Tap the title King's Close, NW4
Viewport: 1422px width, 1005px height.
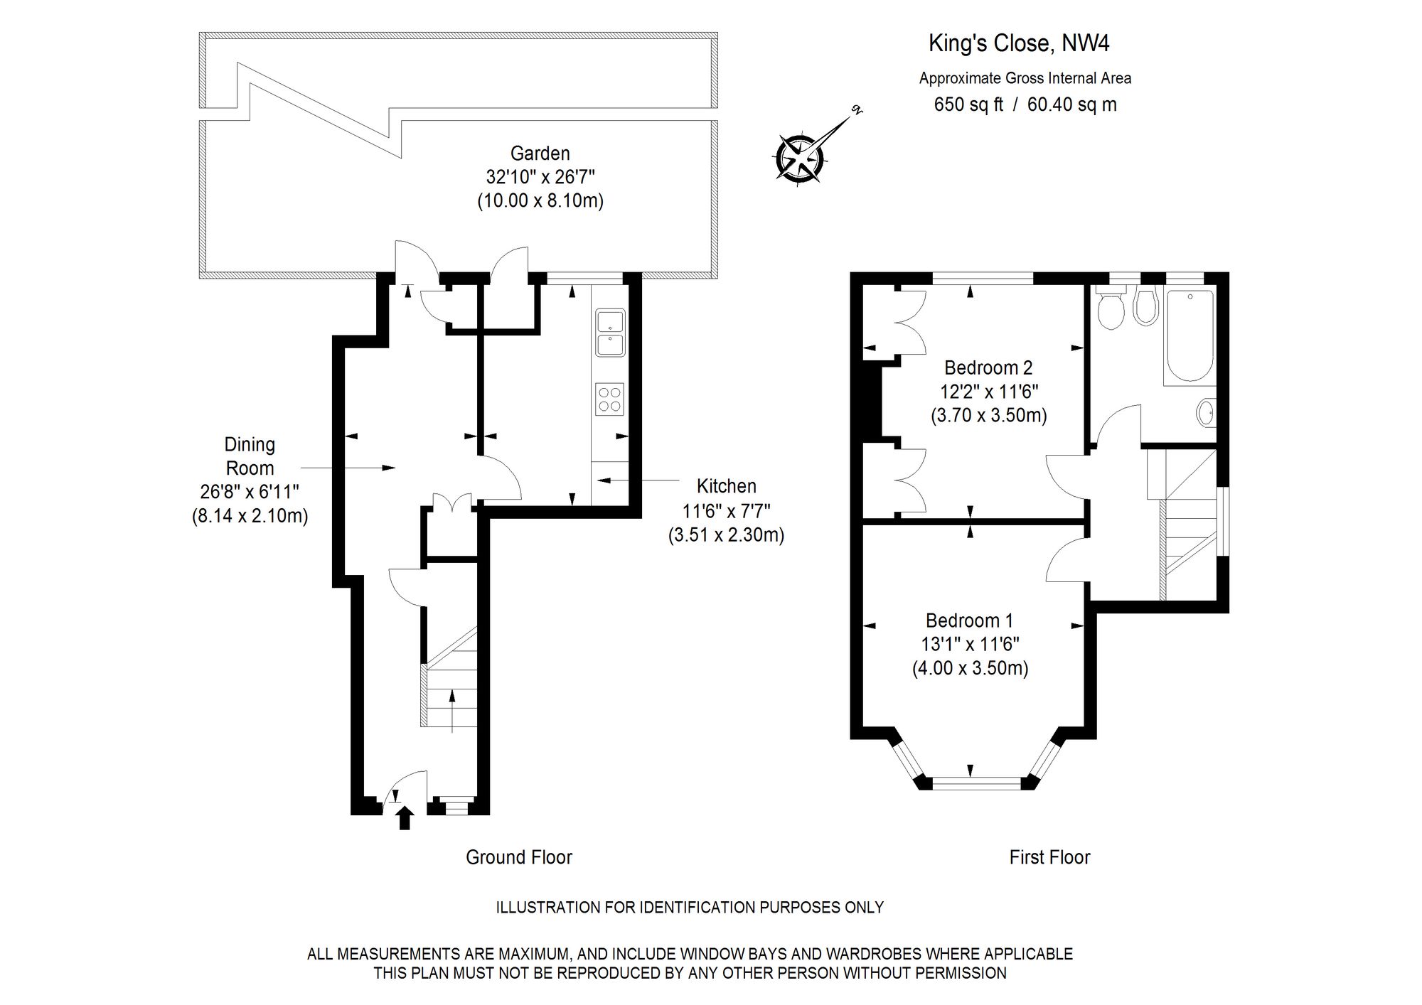click(x=1018, y=43)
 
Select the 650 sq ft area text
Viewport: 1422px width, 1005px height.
click(x=968, y=104)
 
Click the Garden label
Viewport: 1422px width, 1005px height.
click(x=540, y=153)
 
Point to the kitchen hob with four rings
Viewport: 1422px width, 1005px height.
click(x=609, y=399)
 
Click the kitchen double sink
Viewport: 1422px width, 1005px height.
click(x=610, y=333)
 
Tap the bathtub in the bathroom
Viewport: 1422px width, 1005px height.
click(x=1189, y=334)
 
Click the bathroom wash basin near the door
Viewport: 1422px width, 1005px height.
click(x=1205, y=413)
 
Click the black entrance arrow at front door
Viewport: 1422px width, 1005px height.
click(x=405, y=817)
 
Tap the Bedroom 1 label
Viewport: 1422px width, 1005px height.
click(x=969, y=620)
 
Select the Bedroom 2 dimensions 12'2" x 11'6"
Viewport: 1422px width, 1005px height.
click(x=989, y=392)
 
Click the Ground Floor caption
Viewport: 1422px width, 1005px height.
click(x=518, y=857)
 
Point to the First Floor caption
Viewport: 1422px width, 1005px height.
click(x=1049, y=857)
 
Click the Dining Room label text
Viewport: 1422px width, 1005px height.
click(x=249, y=456)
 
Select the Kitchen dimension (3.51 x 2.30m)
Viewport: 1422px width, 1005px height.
click(x=726, y=534)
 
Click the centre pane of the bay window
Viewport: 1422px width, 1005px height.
click(x=976, y=783)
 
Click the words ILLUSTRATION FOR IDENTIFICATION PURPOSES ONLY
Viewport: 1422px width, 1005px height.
click(x=689, y=908)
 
